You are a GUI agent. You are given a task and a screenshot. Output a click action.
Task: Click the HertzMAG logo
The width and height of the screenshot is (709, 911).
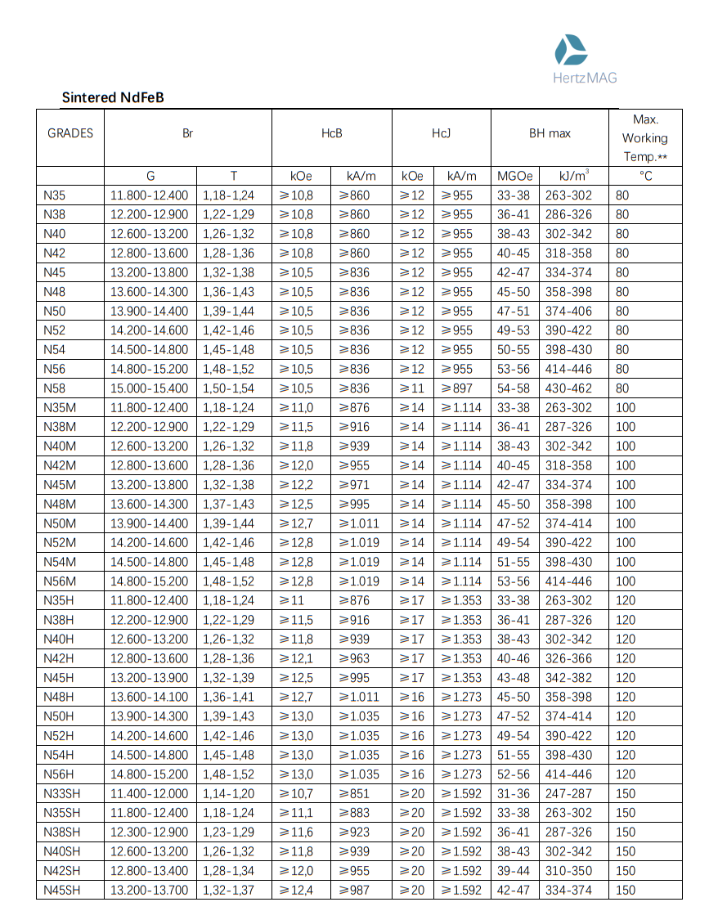pyautogui.click(x=585, y=59)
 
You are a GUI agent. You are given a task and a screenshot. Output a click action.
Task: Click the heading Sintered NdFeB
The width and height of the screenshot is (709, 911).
pyautogui.click(x=113, y=97)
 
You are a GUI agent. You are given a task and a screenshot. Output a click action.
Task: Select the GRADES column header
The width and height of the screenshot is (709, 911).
pyautogui.click(x=70, y=133)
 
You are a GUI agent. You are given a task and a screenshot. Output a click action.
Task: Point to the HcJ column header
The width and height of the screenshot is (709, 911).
pyautogui.click(x=441, y=133)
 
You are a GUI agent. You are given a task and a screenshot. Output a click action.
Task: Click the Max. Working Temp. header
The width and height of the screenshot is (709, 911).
pyautogui.click(x=644, y=137)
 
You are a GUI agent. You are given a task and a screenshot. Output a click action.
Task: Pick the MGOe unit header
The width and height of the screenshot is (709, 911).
pyautogui.click(x=514, y=176)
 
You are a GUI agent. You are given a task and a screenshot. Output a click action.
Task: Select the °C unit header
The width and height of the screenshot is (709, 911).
pyautogui.click(x=644, y=176)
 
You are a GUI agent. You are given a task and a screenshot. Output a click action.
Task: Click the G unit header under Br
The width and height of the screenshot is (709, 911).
pyautogui.click(x=150, y=176)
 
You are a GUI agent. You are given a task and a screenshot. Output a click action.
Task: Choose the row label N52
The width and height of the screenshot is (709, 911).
pyautogui.click(x=55, y=330)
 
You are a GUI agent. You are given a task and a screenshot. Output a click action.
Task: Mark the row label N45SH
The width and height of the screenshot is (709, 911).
pyautogui.click(x=62, y=890)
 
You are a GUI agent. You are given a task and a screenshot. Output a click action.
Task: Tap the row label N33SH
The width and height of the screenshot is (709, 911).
pyautogui.click(x=62, y=793)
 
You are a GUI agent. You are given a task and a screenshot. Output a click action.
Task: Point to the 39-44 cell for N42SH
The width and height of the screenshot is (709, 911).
pyautogui.click(x=514, y=871)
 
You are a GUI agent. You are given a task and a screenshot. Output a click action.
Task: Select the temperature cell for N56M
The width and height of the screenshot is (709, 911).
pyautogui.click(x=626, y=581)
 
